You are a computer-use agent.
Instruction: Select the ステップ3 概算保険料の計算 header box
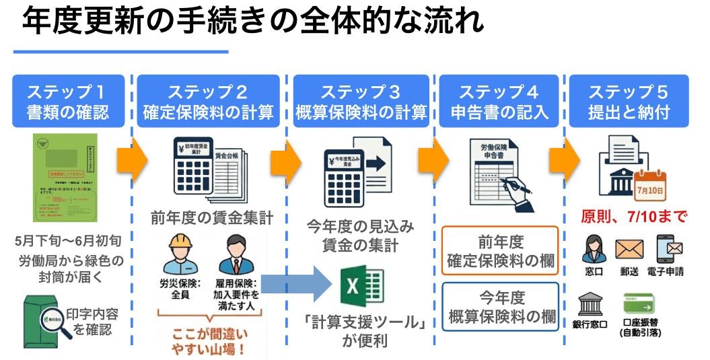pos(361,101)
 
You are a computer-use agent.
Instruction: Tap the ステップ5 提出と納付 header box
pos(629,101)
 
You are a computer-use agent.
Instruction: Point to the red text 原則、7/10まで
pos(633,217)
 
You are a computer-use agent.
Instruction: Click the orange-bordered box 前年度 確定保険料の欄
pos(501,251)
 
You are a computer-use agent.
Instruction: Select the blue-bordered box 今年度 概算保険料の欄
pos(501,306)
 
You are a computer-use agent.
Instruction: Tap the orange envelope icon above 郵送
pos(629,250)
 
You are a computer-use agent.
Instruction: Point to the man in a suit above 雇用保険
pos(235,254)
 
